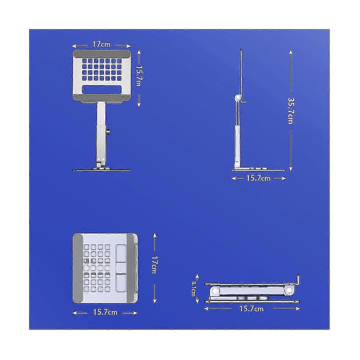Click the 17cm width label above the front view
pos(101,45)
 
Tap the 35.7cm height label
pos(290,110)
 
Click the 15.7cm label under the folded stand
pos(251,308)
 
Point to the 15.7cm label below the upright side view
pos(258,178)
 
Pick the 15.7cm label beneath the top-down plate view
pos(105,312)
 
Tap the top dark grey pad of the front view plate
pos(102,54)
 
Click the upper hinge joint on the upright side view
pos(238,98)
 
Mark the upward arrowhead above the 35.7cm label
pos(290,52)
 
